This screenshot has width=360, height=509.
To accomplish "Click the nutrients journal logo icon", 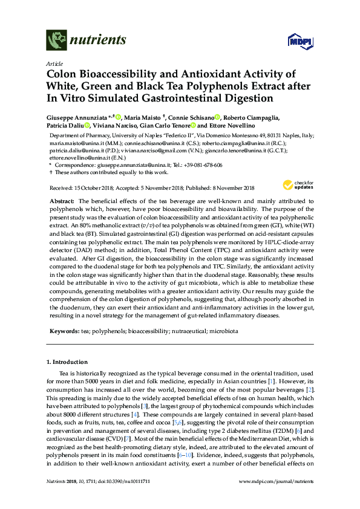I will pos(56,41).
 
